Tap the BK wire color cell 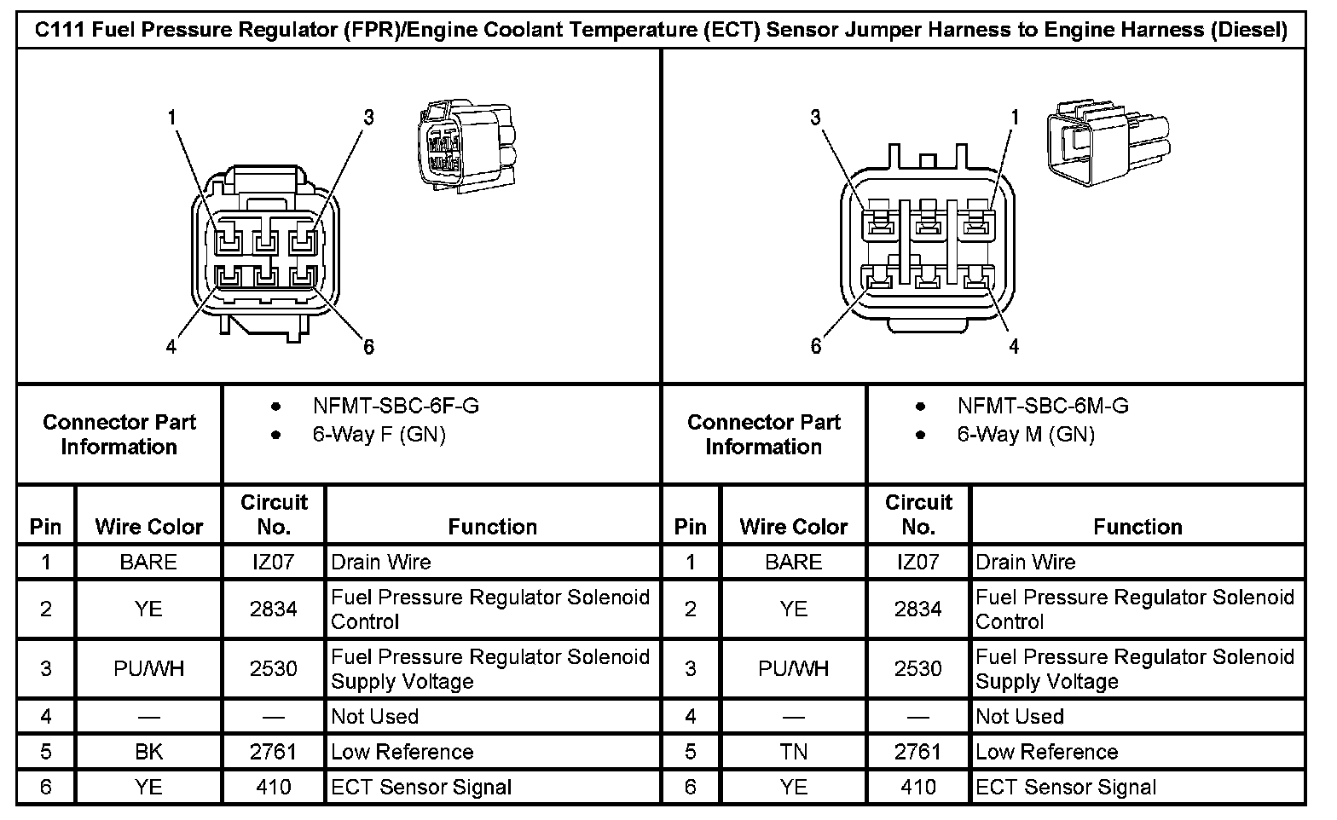click(x=148, y=752)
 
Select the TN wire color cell click(x=793, y=752)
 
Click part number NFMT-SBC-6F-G click(x=396, y=407)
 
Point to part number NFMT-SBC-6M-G click(x=1042, y=407)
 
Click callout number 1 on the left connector click(x=172, y=117)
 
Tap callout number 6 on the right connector click(x=816, y=346)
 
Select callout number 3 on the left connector click(x=368, y=117)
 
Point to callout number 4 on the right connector click(x=1014, y=346)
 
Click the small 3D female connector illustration click(x=466, y=147)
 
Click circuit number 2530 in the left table click(x=273, y=669)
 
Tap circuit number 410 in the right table click(x=917, y=787)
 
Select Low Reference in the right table click(x=1046, y=752)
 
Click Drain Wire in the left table click(x=381, y=563)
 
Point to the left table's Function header click(x=492, y=527)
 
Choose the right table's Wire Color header click(x=793, y=527)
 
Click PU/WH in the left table click(x=148, y=669)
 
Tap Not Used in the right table click(x=1019, y=716)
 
